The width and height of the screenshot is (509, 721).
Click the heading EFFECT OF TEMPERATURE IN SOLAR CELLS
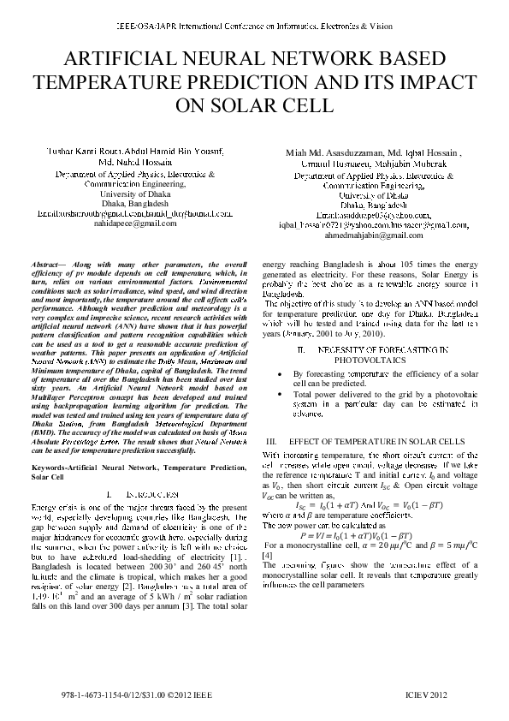382,440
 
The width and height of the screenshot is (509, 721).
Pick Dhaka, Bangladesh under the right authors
373,206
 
